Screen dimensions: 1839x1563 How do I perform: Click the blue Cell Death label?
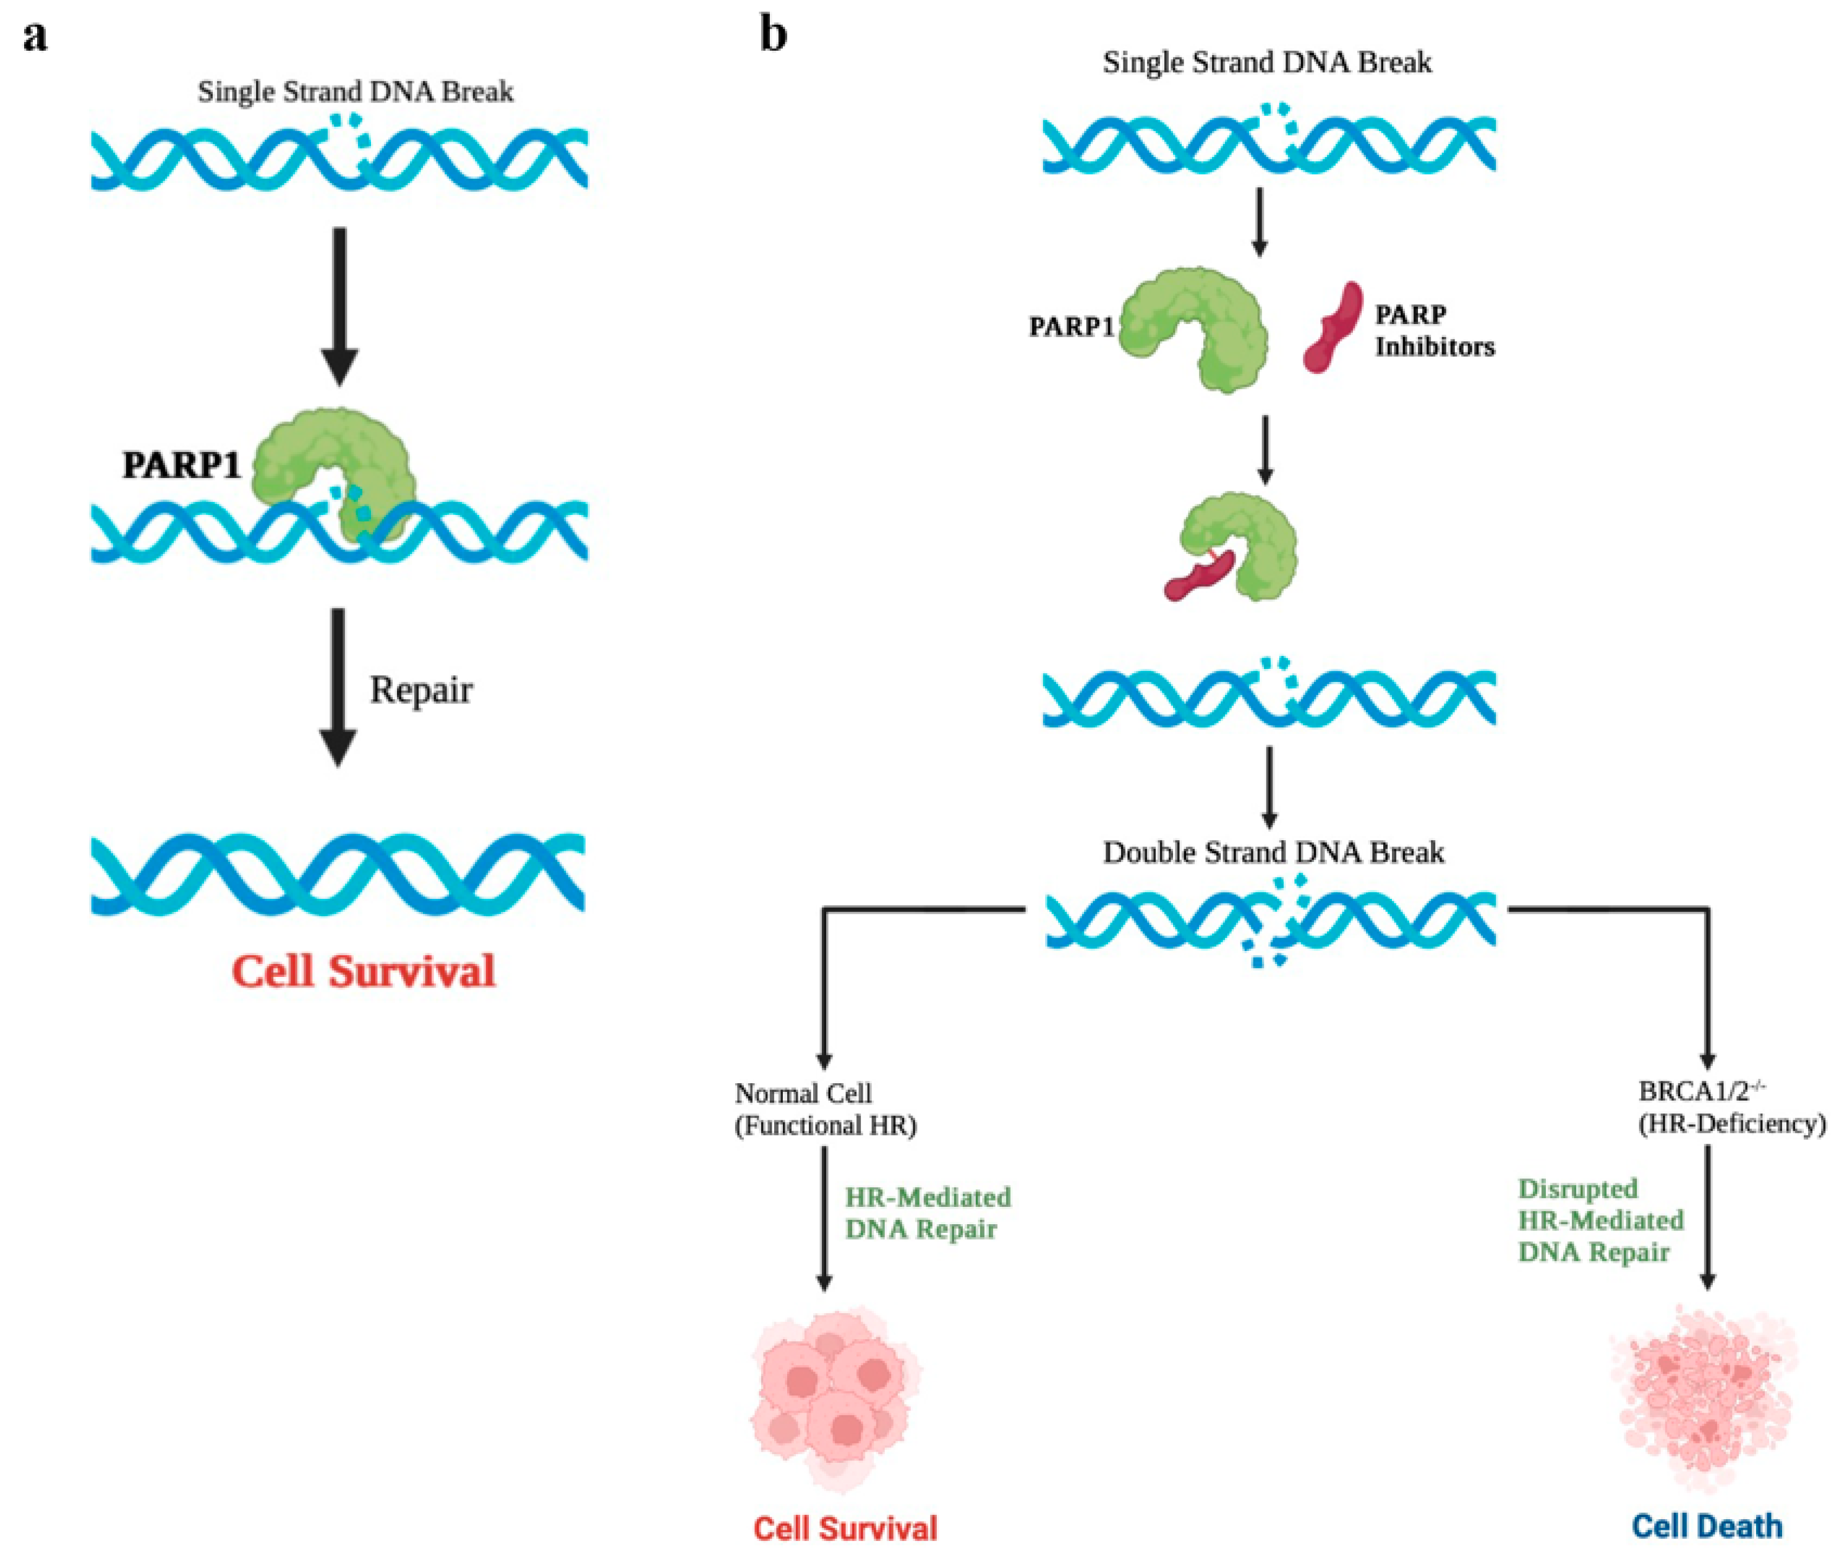coord(1707,1526)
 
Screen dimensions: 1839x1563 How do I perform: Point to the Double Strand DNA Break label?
coord(1273,853)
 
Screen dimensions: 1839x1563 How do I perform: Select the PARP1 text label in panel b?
coord(1070,327)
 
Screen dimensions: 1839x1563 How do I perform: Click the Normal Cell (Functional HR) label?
coord(825,1109)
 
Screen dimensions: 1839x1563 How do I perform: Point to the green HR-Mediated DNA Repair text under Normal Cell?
coord(927,1213)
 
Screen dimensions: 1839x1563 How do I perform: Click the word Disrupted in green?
coord(1577,1188)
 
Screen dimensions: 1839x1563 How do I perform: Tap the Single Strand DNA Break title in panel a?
coord(356,92)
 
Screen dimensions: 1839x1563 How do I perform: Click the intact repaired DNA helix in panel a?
coord(338,874)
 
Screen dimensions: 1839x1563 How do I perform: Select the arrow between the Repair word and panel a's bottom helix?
coord(338,688)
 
